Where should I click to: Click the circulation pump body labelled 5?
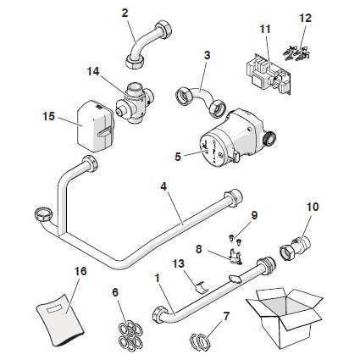tap(224, 142)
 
